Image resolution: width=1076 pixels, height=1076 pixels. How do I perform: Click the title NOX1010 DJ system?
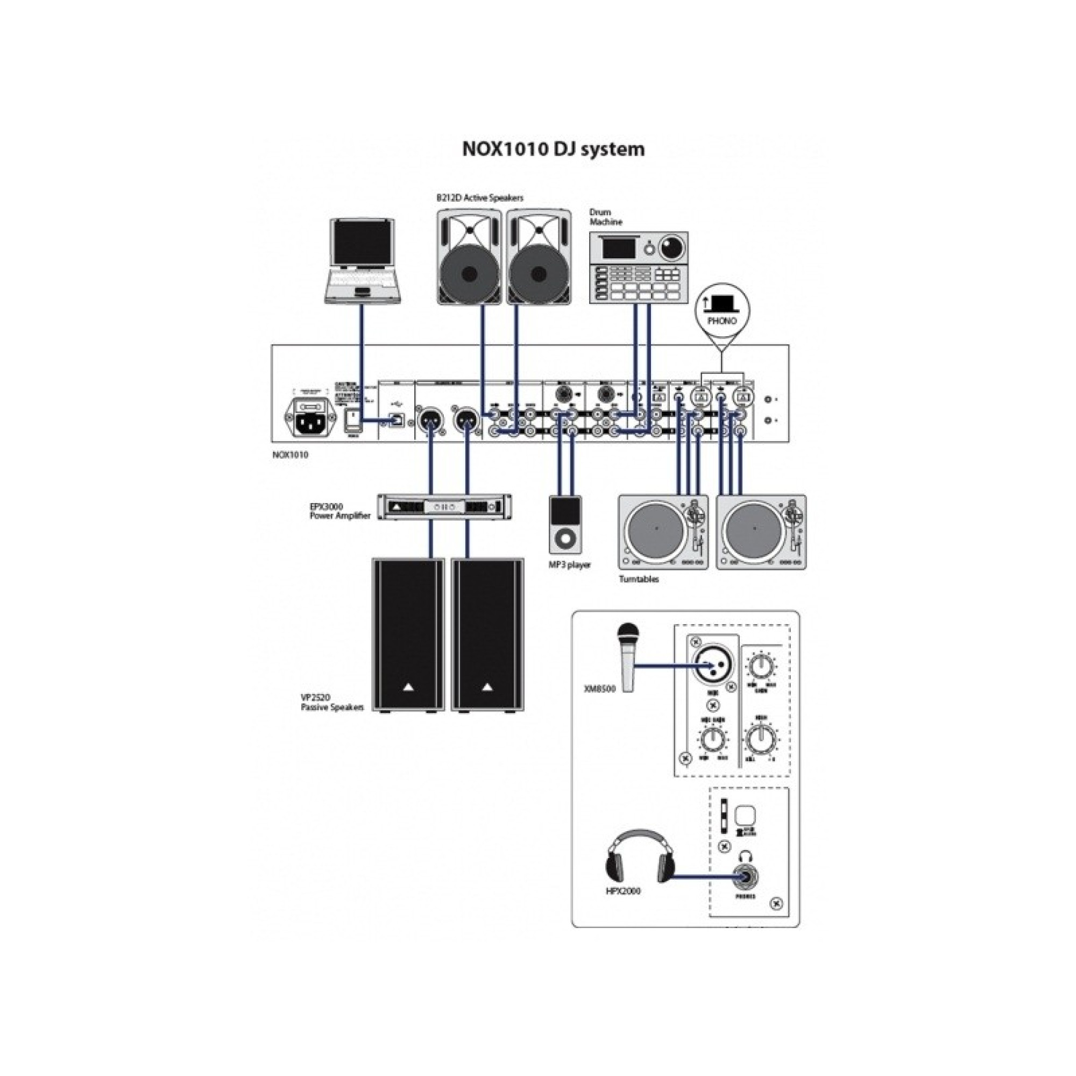554,149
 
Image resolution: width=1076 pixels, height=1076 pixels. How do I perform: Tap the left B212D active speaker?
469,257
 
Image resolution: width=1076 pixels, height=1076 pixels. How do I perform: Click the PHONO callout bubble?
722,313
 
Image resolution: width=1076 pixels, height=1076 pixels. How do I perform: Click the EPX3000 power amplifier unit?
444,506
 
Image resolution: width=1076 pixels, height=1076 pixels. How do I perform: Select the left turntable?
663,532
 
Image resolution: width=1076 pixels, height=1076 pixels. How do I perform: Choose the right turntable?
761,532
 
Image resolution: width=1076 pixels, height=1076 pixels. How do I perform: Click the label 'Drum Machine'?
606,217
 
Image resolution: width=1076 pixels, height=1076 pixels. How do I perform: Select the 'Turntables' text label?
639,579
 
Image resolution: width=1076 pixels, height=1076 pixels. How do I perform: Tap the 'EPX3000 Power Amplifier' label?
339,511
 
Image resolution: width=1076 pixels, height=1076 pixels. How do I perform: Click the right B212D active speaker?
539,257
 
